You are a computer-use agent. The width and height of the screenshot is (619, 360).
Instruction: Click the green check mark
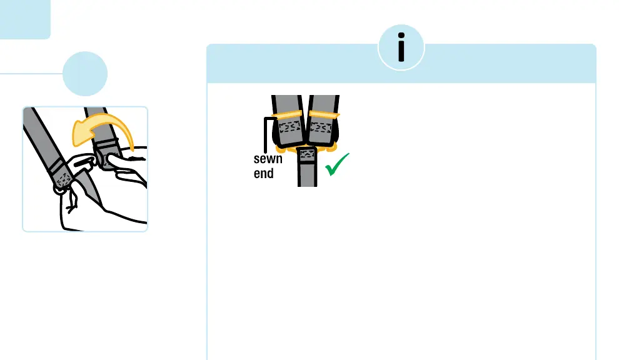336,166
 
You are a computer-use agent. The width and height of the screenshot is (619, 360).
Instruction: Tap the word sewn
268,159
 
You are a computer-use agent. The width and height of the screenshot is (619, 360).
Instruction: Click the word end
263,173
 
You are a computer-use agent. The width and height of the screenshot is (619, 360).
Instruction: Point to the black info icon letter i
401,47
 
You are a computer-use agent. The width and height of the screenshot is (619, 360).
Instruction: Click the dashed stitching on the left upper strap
288,127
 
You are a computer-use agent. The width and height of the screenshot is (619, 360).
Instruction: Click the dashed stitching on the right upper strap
323,127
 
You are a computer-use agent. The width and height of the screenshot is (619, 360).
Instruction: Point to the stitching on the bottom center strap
308,154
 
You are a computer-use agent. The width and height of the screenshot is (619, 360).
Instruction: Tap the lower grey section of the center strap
308,175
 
